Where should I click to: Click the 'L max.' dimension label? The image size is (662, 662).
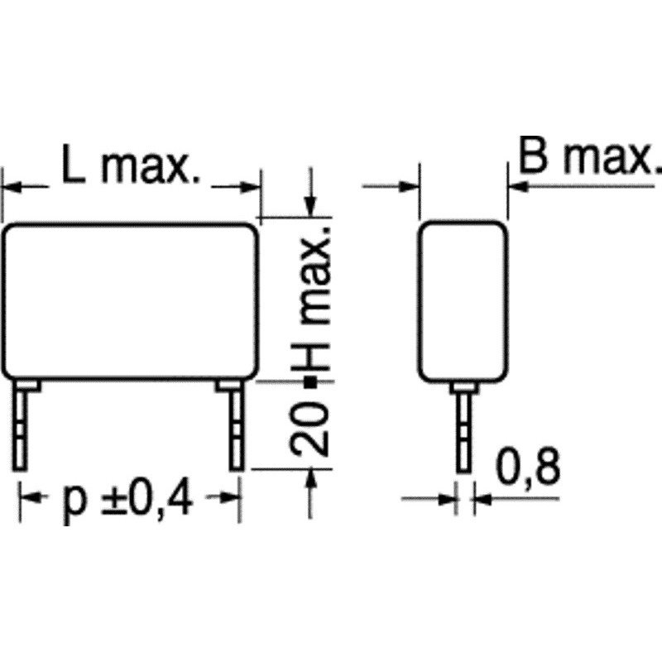[131, 165]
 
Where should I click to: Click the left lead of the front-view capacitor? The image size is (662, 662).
[22, 425]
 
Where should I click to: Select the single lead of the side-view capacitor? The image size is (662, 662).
[463, 427]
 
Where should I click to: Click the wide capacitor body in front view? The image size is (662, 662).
[130, 301]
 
